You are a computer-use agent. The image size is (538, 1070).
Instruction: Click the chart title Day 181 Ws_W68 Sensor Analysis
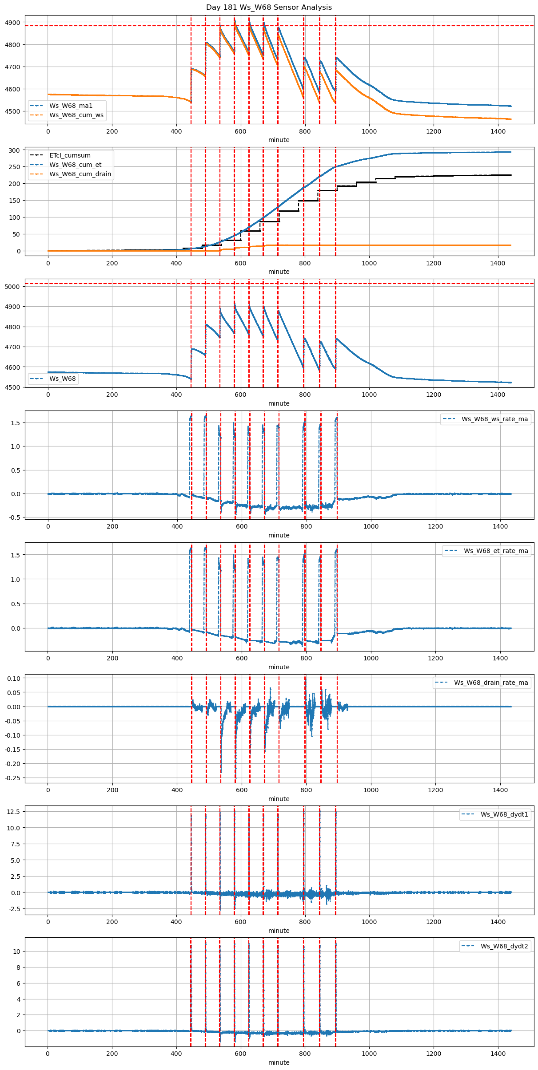[269, 8]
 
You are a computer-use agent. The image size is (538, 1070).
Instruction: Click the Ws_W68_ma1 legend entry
[71, 106]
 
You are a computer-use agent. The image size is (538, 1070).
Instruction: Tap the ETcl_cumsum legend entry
[70, 155]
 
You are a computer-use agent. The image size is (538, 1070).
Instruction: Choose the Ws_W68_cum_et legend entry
[75, 165]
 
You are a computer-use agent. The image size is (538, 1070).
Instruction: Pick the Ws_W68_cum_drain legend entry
[80, 174]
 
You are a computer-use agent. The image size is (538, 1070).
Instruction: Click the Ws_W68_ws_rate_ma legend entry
[494, 419]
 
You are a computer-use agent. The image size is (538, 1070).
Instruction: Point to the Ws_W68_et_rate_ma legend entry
[496, 551]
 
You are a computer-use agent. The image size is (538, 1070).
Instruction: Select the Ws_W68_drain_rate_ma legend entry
[491, 683]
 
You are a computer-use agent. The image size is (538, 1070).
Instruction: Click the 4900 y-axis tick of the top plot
[12, 23]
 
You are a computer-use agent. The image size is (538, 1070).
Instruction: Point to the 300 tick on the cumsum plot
[15, 150]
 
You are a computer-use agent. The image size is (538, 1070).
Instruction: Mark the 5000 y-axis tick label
[12, 287]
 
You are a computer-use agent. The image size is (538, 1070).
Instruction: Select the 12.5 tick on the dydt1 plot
[13, 811]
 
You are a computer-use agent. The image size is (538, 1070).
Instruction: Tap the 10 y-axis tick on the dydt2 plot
[16, 952]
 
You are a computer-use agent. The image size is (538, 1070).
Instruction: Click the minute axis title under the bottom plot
[279, 1062]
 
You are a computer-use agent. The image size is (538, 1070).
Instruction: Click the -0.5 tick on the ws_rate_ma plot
[15, 517]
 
